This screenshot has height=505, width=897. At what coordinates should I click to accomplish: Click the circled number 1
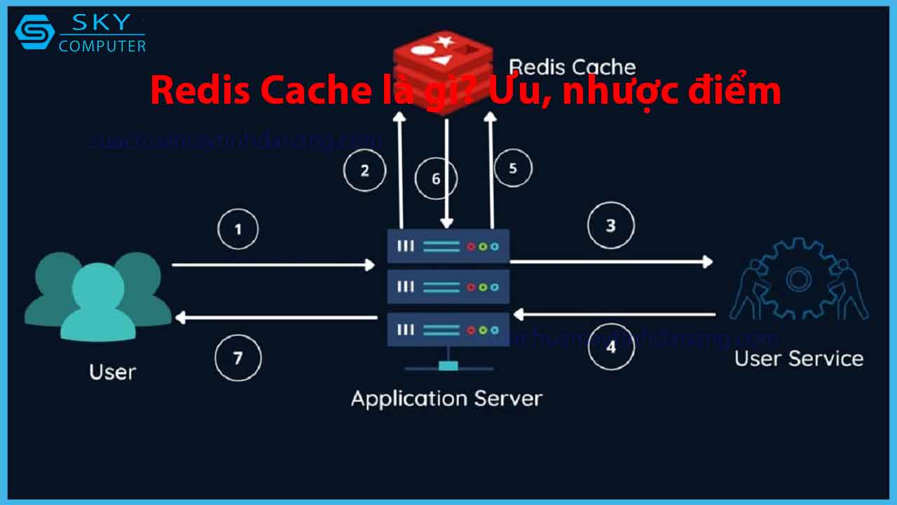[x=238, y=229]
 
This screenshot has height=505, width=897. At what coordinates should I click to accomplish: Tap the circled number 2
[x=364, y=170]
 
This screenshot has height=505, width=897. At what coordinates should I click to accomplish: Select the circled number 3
[x=610, y=226]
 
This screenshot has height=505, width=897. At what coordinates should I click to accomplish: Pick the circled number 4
[x=611, y=346]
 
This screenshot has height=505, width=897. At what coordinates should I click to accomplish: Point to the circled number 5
[x=512, y=168]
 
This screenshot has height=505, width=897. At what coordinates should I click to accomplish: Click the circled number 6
[x=436, y=179]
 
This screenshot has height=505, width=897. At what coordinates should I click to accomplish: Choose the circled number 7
[x=238, y=358]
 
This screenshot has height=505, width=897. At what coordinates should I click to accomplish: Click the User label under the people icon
[x=112, y=372]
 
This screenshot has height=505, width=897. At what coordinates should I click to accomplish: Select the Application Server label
[x=446, y=399]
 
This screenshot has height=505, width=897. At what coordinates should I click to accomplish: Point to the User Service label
[x=799, y=358]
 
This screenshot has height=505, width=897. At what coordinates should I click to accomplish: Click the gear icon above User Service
[x=798, y=278]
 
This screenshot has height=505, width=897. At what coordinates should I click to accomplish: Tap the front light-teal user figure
[x=98, y=302]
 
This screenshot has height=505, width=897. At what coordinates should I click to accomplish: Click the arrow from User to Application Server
[x=273, y=264]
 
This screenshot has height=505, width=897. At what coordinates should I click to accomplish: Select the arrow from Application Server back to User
[x=277, y=318]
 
